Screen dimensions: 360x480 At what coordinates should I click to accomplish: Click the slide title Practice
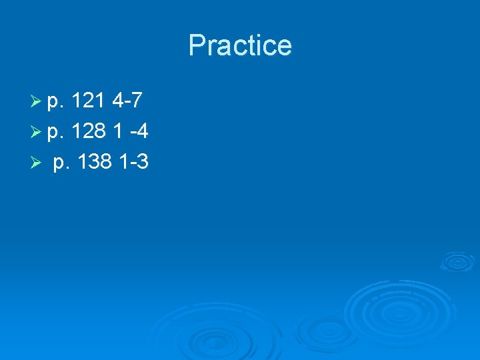tap(240, 45)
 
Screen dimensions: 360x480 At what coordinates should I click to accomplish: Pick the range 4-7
tap(127, 102)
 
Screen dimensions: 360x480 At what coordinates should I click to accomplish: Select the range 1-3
tap(132, 162)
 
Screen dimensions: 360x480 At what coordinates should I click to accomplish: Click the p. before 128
tap(55, 133)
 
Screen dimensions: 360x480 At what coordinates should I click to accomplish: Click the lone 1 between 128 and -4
tap(117, 132)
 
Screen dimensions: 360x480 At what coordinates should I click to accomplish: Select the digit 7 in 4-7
tap(136, 102)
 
